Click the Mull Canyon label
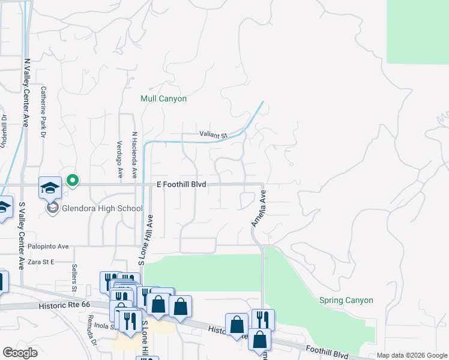tap(163, 98)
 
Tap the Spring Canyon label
tap(346, 300)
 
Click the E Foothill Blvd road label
tap(182, 185)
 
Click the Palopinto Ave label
tap(49, 246)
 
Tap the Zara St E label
tap(41, 262)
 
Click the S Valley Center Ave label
tap(22, 236)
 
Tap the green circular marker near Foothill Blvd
tap(73, 179)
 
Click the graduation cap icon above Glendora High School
tap(50, 188)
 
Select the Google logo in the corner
tap(20, 353)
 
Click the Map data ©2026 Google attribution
tap(412, 356)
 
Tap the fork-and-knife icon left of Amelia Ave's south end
tap(263, 319)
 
